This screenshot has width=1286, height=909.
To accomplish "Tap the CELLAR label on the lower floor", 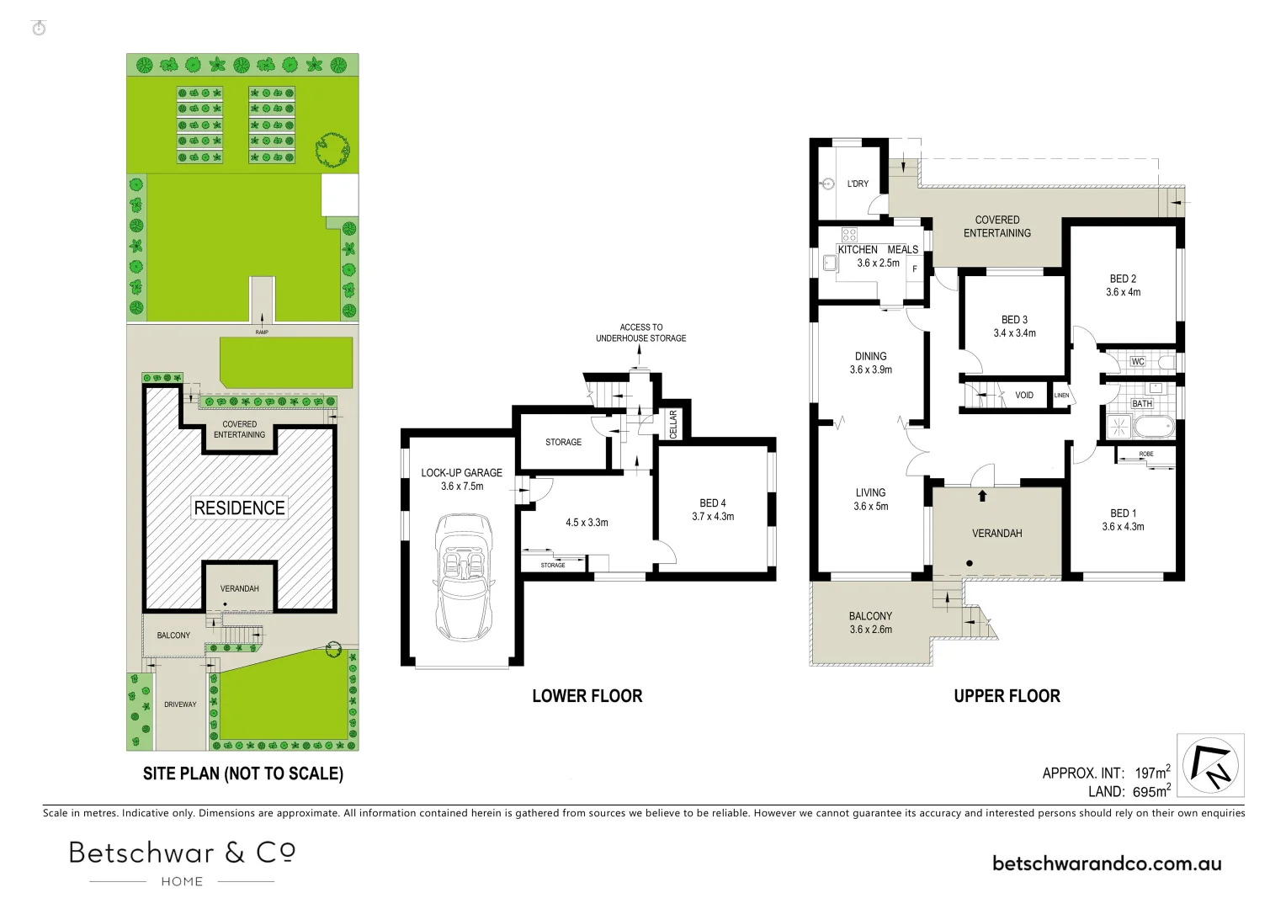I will (673, 424).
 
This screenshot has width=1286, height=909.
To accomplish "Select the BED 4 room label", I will (712, 503).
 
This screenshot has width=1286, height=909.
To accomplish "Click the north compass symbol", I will (1210, 765).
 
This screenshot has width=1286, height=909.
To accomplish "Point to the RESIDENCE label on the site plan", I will (240, 508).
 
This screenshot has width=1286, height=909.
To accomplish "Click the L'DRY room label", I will (858, 183).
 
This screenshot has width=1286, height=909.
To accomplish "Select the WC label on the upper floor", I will (1138, 362).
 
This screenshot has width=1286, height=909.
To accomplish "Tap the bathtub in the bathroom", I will (1153, 427).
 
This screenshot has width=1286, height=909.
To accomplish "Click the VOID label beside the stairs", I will (1024, 396).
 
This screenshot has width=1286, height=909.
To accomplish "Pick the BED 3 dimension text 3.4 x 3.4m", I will (1014, 333).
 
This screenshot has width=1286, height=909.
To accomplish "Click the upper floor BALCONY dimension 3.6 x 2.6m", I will (870, 630).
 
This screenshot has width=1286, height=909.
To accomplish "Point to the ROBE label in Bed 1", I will (1145, 454).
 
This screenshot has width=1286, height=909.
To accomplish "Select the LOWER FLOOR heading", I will (587, 696).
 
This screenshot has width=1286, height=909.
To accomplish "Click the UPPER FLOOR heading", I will (1007, 696).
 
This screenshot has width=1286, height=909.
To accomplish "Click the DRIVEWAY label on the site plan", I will (180, 704).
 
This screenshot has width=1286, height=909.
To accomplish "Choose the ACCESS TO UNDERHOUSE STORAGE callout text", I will (640, 332).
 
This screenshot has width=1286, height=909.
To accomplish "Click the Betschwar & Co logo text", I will (182, 853).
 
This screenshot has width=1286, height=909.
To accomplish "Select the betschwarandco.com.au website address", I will (1107, 864).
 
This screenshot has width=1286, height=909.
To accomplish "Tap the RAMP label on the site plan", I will (262, 332).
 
